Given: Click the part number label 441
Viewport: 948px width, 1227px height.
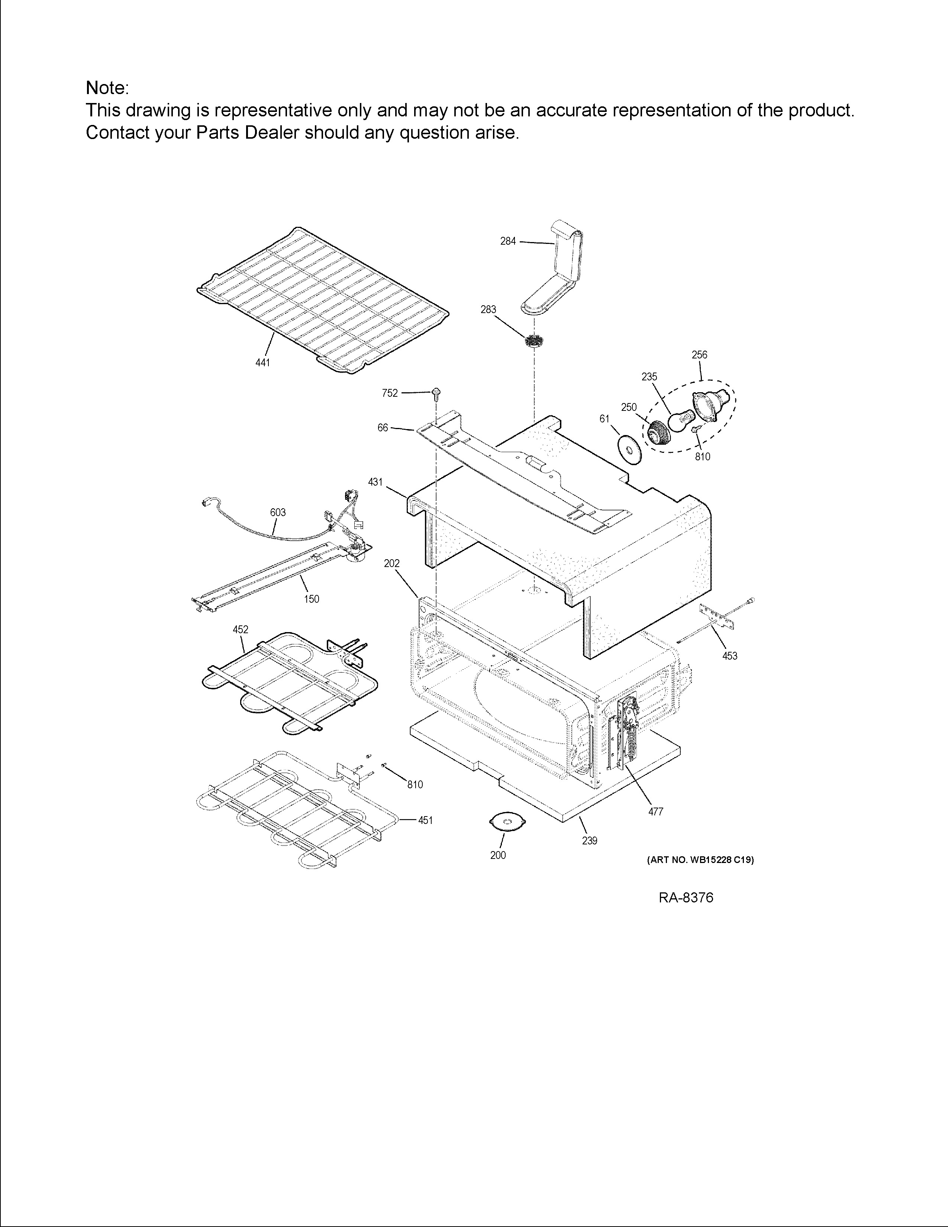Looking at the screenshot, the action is tap(262, 363).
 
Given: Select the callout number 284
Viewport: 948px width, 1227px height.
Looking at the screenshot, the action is tap(508, 242).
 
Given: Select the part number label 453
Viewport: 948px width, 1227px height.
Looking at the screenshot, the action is tap(729, 656).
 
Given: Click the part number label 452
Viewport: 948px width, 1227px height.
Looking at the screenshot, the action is tap(241, 630).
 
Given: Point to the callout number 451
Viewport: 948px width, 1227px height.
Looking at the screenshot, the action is tap(425, 820).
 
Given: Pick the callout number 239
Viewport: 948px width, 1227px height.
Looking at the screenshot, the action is tap(590, 841).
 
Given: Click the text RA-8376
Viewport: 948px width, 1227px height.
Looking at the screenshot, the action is tap(686, 898).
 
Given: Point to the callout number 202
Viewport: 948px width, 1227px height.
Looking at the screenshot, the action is tap(391, 564).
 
